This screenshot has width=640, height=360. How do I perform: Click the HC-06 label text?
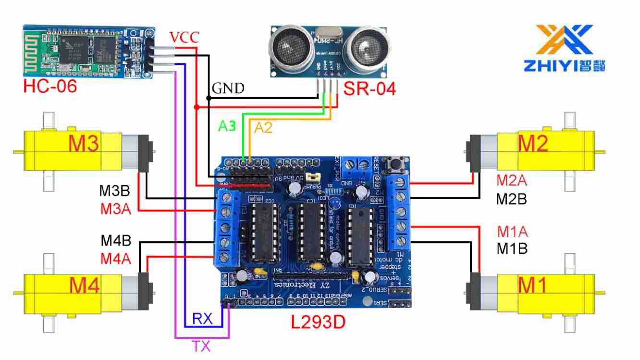[50, 87]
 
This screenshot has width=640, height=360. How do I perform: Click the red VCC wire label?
[184, 37]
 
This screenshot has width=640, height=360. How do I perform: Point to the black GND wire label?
[228, 88]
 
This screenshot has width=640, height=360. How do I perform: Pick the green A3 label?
[227, 126]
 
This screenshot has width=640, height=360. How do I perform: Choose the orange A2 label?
[263, 127]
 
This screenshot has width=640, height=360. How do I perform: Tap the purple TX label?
[201, 346]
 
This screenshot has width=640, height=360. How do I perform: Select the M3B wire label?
[115, 191]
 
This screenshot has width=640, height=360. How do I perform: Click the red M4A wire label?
[115, 259]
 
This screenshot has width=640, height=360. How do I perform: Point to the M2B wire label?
[512, 198]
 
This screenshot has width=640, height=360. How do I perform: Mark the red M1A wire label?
[512, 232]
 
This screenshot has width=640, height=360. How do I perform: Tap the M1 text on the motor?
[533, 286]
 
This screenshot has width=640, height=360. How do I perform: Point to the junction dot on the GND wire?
[209, 98]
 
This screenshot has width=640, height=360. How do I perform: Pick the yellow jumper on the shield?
[313, 177]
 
